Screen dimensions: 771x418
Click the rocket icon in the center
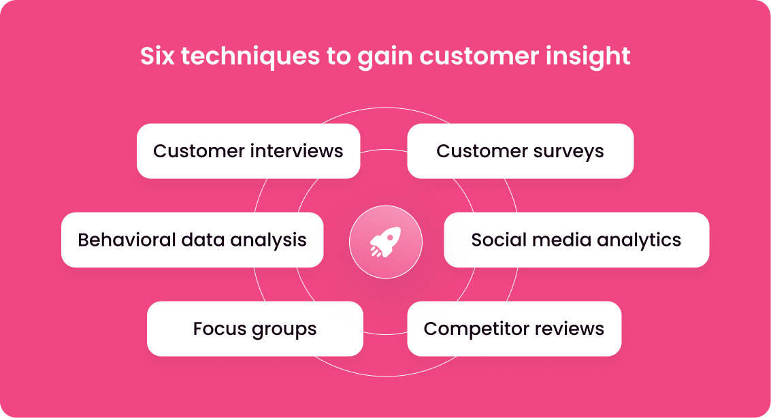pyautogui.click(x=385, y=242)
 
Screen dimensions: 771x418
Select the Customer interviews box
pyautogui.click(x=248, y=151)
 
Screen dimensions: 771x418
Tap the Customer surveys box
pyautogui.click(x=520, y=151)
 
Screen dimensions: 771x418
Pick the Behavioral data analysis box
pyautogui.click(x=193, y=240)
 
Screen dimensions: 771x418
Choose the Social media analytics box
pyautogui.click(x=576, y=240)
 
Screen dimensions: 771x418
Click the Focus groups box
pyautogui.click(x=255, y=329)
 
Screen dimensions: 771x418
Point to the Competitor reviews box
pyautogui.click(x=514, y=329)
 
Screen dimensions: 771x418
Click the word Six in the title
pyautogui.click(x=157, y=56)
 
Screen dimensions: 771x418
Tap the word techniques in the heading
pyautogui.click(x=251, y=57)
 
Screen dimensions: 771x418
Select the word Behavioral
pyautogui.click(x=127, y=240)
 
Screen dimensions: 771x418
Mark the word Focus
pyautogui.click(x=220, y=329)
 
